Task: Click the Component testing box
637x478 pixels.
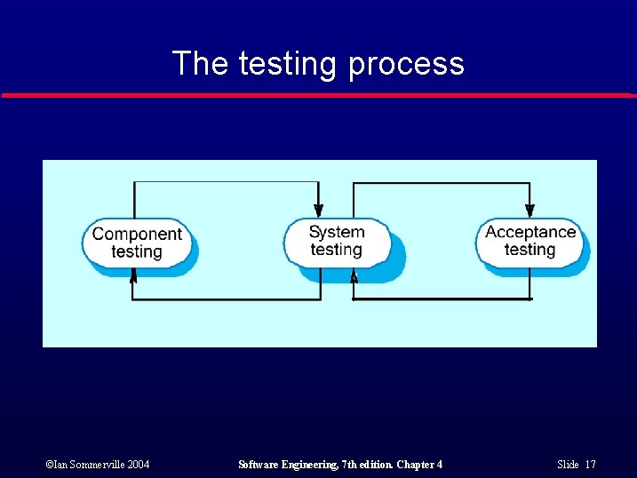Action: pyautogui.click(x=137, y=243)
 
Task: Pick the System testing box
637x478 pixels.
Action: pyautogui.click(x=337, y=241)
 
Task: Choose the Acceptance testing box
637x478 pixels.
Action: pyautogui.click(x=530, y=241)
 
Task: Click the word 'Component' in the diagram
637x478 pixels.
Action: pyautogui.click(x=137, y=234)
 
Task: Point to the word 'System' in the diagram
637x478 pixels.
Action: pyautogui.click(x=337, y=232)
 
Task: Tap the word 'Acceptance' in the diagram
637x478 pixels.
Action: pyautogui.click(x=530, y=232)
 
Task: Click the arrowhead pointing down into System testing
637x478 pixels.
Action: pyautogui.click(x=319, y=210)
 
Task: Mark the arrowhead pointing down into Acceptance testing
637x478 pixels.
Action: pyautogui.click(x=530, y=210)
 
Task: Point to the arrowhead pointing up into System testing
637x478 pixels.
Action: pyautogui.click(x=354, y=276)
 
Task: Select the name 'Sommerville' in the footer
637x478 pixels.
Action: pyautogui.click(x=92, y=465)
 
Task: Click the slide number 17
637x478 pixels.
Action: pyautogui.click(x=591, y=465)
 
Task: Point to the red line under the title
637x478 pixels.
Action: pyautogui.click(x=318, y=94)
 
